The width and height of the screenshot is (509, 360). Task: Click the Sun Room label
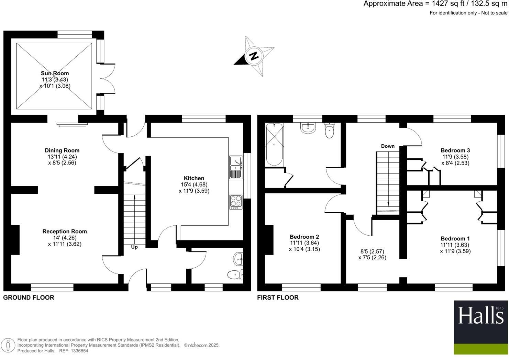(x=55, y=73)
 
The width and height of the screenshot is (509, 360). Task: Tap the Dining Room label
(x=62, y=150)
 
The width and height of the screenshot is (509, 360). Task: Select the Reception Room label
(x=65, y=232)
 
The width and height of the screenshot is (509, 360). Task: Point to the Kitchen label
(x=194, y=178)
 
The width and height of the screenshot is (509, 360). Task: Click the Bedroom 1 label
(x=455, y=239)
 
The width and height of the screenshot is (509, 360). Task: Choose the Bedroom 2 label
(x=304, y=237)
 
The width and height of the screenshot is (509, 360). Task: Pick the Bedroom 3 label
(x=455, y=150)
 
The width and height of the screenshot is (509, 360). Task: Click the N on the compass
(x=254, y=56)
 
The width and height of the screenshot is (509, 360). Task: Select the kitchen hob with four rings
(x=236, y=202)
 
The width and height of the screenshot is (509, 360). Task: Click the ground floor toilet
(x=235, y=274)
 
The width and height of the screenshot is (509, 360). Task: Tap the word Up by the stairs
(x=134, y=247)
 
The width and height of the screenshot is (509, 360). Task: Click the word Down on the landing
(x=388, y=146)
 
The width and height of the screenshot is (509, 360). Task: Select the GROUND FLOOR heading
(x=29, y=297)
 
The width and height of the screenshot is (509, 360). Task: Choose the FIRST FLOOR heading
(x=278, y=297)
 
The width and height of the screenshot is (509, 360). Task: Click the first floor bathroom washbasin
(x=308, y=128)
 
